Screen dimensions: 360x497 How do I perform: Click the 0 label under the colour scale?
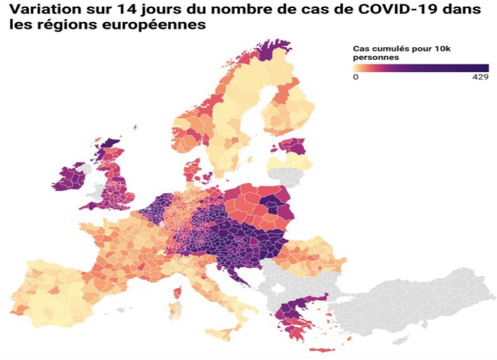(355, 78)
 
